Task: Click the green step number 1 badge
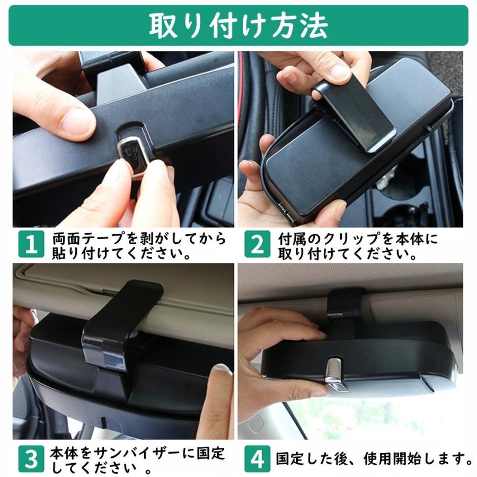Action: point(31,244)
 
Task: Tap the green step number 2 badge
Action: point(257,244)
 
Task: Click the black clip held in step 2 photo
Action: point(355,116)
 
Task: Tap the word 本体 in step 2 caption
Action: point(409,238)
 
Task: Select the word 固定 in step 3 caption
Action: point(210,453)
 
